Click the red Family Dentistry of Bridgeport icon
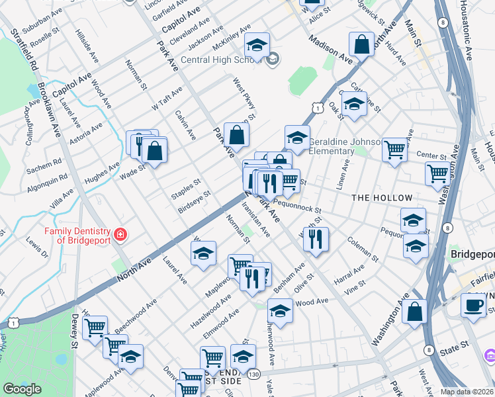click(120, 234)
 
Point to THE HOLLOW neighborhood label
click(382, 198)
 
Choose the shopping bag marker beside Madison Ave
click(362, 46)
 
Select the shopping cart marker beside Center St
click(394, 149)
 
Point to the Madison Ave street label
click(330, 48)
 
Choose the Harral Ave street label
click(349, 273)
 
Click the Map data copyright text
click(467, 392)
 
